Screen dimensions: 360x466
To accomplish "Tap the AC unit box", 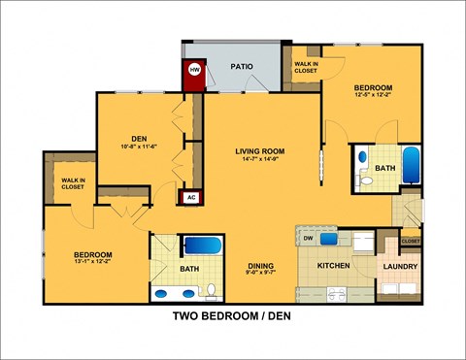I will [x=190, y=196].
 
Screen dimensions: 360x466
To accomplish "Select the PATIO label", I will [x=242, y=67].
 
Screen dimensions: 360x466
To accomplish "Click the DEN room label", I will [x=138, y=138].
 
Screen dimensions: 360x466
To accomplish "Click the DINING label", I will [x=259, y=266].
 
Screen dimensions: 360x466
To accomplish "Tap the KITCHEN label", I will [x=332, y=265].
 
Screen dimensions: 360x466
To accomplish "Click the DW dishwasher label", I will [x=308, y=238].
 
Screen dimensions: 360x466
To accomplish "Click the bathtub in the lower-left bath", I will [x=202, y=246].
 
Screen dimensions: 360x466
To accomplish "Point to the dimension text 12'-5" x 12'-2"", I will [x=374, y=94].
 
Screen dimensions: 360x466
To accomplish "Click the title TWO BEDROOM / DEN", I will [x=233, y=316].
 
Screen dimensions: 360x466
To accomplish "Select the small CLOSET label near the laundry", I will [x=411, y=241].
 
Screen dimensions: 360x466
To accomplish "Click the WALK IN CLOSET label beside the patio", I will [x=306, y=68].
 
